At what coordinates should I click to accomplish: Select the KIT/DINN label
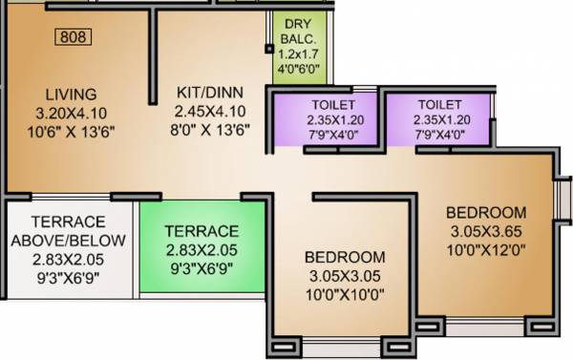[210, 93]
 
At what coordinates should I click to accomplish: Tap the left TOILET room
[333, 120]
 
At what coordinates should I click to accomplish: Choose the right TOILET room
[440, 120]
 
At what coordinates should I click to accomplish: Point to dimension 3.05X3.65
[487, 230]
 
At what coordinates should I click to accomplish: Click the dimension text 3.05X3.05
[345, 276]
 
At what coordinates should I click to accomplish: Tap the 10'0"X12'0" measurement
[487, 248]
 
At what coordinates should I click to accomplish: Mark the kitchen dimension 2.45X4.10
[210, 111]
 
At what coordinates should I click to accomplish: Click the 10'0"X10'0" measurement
[345, 294]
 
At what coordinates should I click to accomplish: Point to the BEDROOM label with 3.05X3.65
[487, 212]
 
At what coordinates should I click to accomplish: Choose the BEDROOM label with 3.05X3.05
[345, 258]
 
